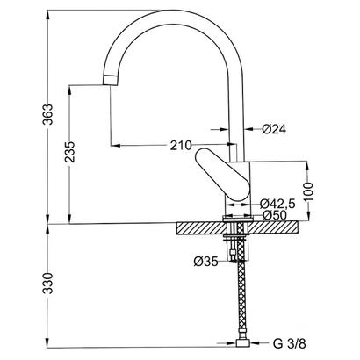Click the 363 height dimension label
[47, 114]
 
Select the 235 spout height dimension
[70, 152]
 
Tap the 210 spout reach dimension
[181, 146]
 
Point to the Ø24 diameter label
[274, 129]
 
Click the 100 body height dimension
[308, 191]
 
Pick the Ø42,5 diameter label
[277, 204]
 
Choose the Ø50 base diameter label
[274, 215]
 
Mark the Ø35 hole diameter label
[206, 262]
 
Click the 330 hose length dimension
[47, 284]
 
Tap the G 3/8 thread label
[290, 344]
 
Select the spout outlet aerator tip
[111, 80]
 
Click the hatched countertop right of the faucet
[275, 228]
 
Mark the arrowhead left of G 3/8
[232, 342]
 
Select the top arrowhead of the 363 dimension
[48, 15]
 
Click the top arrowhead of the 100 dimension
[307, 166]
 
